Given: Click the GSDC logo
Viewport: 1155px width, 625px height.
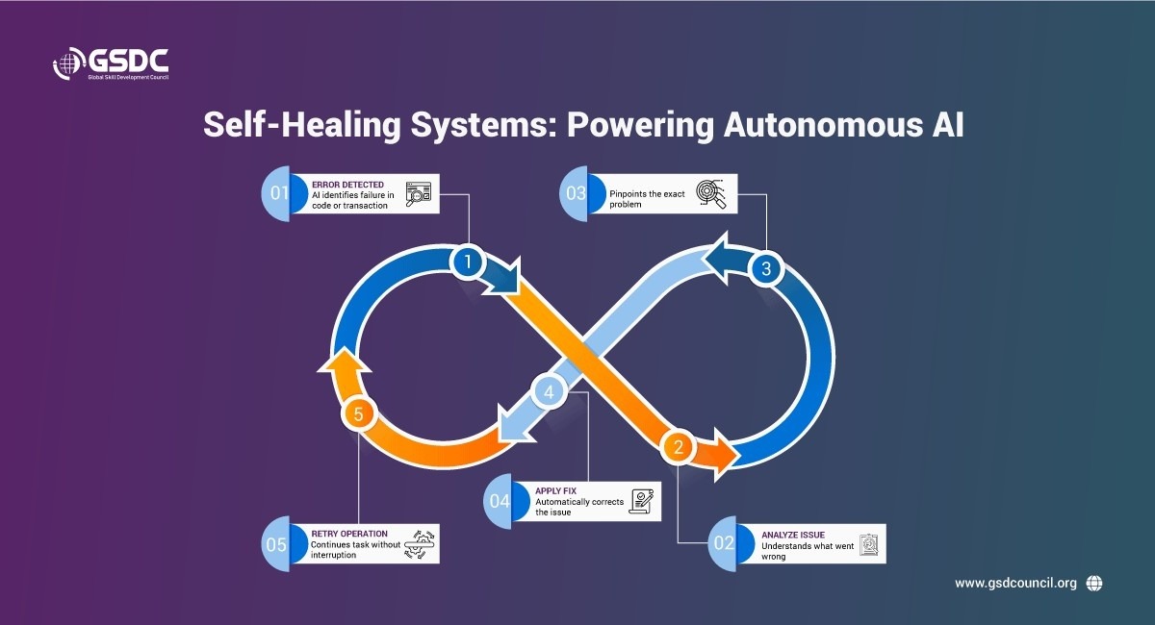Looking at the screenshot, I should click(111, 66).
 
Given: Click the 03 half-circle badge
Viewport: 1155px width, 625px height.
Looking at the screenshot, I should click(575, 193).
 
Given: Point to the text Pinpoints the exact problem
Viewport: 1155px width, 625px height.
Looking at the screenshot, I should click(648, 199).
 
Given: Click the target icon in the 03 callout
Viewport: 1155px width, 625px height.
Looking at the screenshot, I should click(712, 193).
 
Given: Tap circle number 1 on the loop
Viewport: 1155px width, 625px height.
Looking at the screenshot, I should click(468, 262).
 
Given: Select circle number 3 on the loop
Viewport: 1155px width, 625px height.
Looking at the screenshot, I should click(766, 269).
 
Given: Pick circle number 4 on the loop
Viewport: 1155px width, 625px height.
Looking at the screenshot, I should click(549, 392).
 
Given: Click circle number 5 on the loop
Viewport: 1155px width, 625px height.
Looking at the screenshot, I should click(358, 415).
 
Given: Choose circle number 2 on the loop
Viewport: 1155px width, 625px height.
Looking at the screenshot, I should click(679, 446).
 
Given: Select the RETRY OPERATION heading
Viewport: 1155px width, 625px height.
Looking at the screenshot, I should click(349, 533).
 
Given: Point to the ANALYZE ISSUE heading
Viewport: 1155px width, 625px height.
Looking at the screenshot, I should click(792, 534).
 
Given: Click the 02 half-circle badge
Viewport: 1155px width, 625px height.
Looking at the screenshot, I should click(724, 543).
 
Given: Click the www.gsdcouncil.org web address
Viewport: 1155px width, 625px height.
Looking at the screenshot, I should click(1014, 583).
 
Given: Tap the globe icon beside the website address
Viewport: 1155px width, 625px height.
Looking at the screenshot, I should click(1093, 583).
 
